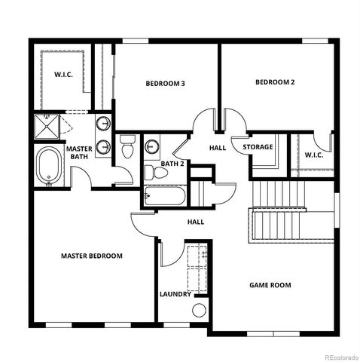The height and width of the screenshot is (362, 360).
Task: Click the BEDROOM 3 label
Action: pyautogui.click(x=165, y=84)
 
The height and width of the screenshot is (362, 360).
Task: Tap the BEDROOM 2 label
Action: pyautogui.click(x=274, y=82)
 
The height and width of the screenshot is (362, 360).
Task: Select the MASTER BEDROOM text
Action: pyautogui.click(x=91, y=256)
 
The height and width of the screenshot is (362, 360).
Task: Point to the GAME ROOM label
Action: pyautogui.click(x=270, y=285)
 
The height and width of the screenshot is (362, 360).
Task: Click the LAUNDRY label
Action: pyautogui.click(x=175, y=294)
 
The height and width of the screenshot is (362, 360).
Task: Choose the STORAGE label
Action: pyautogui.click(x=257, y=146)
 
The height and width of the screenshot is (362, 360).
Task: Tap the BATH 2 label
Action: pyautogui.click(x=172, y=164)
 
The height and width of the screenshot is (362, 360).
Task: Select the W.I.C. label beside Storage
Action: pyautogui.click(x=314, y=155)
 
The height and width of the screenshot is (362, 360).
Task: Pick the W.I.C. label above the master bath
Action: pyautogui.click(x=62, y=74)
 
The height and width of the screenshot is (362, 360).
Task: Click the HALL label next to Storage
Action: pyautogui.click(x=218, y=148)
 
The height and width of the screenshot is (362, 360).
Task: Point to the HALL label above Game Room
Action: pyautogui.click(x=196, y=222)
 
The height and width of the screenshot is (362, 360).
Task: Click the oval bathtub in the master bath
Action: pyautogui.click(x=50, y=166)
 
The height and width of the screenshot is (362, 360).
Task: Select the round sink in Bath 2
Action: pyautogui.click(x=151, y=146)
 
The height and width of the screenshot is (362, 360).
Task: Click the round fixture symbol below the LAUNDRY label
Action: pyautogui.click(x=200, y=310)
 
